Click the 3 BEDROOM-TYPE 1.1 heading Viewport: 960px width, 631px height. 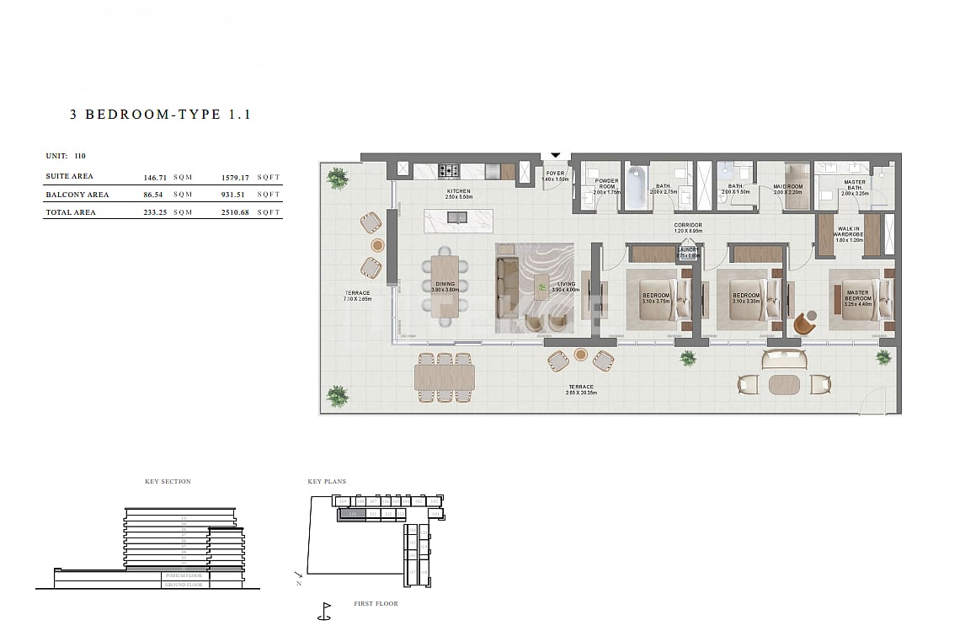[x=160, y=115]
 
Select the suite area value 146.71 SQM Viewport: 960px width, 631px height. [x=168, y=177]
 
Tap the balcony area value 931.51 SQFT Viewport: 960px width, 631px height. [x=249, y=195]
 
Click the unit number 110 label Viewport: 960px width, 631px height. [x=79, y=156]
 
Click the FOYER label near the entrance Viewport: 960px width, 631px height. [x=555, y=176]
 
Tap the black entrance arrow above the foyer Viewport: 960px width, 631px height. [x=555, y=155]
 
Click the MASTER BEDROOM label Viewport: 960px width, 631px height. [x=857, y=296]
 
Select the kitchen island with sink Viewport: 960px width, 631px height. [x=458, y=221]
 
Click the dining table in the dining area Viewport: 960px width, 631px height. [x=446, y=286]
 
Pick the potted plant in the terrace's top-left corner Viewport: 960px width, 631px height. [x=337, y=178]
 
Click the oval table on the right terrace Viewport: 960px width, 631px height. [x=786, y=384]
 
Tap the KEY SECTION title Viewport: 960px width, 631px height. [x=168, y=482]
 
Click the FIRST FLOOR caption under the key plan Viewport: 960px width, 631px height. [x=376, y=603]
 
